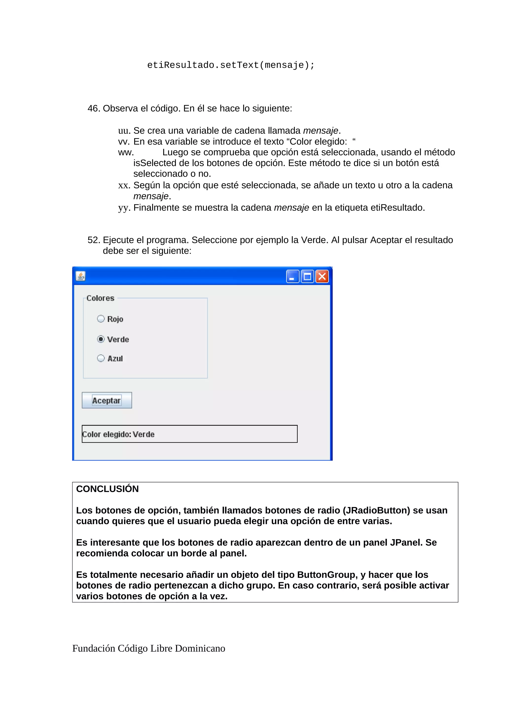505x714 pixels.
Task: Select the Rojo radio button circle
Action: click(101, 319)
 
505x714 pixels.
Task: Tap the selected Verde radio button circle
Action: click(101, 339)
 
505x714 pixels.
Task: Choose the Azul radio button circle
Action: click(101, 358)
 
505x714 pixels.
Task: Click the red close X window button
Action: click(322, 276)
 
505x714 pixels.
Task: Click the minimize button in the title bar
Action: click(292, 276)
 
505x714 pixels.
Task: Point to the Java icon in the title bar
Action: click(81, 276)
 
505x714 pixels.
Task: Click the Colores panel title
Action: click(100, 298)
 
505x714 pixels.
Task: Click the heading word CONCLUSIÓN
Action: click(107, 489)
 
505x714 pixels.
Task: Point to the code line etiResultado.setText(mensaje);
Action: click(231, 65)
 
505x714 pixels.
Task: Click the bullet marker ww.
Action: click(126, 152)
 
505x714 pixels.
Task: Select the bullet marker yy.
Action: click(124, 208)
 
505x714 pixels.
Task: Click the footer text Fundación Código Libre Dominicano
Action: click(149, 648)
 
